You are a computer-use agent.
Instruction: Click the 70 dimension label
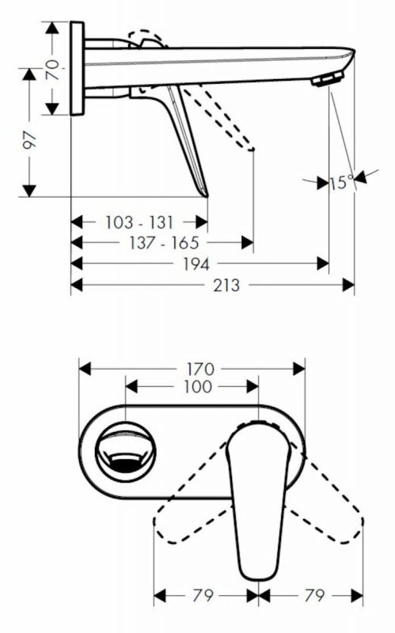click(x=52, y=70)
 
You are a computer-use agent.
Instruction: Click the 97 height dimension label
click(x=29, y=141)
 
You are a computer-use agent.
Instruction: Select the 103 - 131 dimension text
click(x=139, y=222)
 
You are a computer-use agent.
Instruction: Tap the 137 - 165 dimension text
click(x=164, y=243)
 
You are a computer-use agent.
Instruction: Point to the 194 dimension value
click(x=196, y=264)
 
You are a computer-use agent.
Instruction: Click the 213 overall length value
click(x=226, y=286)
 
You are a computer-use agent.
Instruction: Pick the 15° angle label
click(x=342, y=183)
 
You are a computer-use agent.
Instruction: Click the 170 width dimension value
click(x=200, y=369)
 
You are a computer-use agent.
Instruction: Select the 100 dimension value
click(x=198, y=387)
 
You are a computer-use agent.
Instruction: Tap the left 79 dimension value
click(x=203, y=595)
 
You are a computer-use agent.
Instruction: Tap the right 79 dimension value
click(x=314, y=595)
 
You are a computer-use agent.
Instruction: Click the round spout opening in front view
click(x=125, y=452)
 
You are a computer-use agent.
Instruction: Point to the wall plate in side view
click(x=77, y=69)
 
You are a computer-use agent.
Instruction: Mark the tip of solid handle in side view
click(x=207, y=196)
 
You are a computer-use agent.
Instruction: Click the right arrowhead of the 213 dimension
click(x=348, y=286)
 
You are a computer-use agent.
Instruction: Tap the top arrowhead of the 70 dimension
click(x=52, y=28)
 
